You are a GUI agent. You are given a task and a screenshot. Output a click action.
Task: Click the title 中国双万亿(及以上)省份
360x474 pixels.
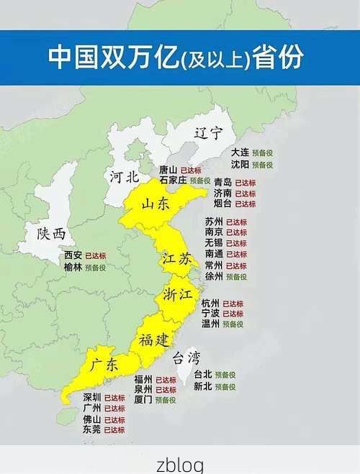pyautogui.click(x=176, y=58)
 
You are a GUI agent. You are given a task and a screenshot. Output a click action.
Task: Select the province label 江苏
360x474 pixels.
pyautogui.click(x=176, y=260)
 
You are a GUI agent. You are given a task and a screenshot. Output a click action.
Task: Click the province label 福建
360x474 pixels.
pyautogui.click(x=154, y=339)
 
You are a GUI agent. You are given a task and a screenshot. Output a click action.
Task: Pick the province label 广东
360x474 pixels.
pyautogui.click(x=104, y=365)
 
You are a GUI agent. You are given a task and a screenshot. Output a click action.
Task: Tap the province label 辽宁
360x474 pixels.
pyautogui.click(x=208, y=133)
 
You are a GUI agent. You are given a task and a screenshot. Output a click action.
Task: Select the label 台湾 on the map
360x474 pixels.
pyautogui.click(x=185, y=357)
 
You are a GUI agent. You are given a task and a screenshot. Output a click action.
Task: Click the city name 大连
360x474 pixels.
pyautogui.click(x=240, y=152)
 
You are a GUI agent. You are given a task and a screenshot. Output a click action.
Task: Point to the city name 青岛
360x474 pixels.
pyautogui.click(x=222, y=183)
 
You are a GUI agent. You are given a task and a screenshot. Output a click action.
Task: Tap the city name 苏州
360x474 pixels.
pyautogui.click(x=214, y=222)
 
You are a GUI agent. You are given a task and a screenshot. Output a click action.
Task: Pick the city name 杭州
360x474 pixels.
pyautogui.click(x=210, y=304)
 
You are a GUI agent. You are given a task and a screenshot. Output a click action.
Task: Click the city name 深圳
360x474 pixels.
pyautogui.click(x=91, y=398)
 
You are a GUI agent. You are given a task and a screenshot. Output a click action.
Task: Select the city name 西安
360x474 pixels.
pyautogui.click(x=73, y=255)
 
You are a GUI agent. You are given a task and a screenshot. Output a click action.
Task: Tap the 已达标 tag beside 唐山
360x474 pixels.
pyautogui.click(x=191, y=170)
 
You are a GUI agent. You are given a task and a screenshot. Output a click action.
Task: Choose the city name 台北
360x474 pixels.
pyautogui.click(x=202, y=375)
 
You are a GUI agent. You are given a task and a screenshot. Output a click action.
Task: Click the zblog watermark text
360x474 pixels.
pyautogui.click(x=180, y=464)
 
